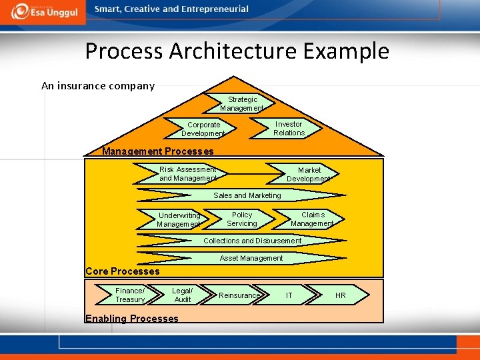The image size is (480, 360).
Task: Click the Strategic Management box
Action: [x=242, y=104]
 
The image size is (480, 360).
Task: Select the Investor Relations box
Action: [x=288, y=129]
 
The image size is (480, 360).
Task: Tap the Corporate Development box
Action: [x=203, y=129]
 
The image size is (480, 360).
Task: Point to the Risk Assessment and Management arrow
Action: [x=188, y=174]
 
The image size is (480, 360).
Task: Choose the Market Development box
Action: [x=309, y=175]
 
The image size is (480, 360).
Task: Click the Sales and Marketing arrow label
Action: [x=247, y=195]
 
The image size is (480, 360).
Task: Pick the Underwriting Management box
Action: [x=179, y=220]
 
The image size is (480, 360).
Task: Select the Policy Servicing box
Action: [x=241, y=219]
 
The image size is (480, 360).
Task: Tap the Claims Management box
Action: [x=312, y=219]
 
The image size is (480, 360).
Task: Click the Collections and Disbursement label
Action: [x=252, y=241]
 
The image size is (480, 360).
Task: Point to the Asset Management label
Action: [x=251, y=258]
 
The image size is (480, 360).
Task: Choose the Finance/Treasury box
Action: [x=130, y=295]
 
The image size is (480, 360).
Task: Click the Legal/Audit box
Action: [x=182, y=295]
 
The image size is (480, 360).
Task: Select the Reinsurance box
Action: [x=239, y=295]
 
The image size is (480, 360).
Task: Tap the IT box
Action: [x=289, y=295]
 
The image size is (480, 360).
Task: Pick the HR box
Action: [x=340, y=295]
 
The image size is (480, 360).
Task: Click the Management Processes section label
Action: [x=158, y=151]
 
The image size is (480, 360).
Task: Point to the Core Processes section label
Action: [x=123, y=271]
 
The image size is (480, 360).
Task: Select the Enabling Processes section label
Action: [x=132, y=319]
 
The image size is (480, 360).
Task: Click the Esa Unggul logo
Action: [x=41, y=12]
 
